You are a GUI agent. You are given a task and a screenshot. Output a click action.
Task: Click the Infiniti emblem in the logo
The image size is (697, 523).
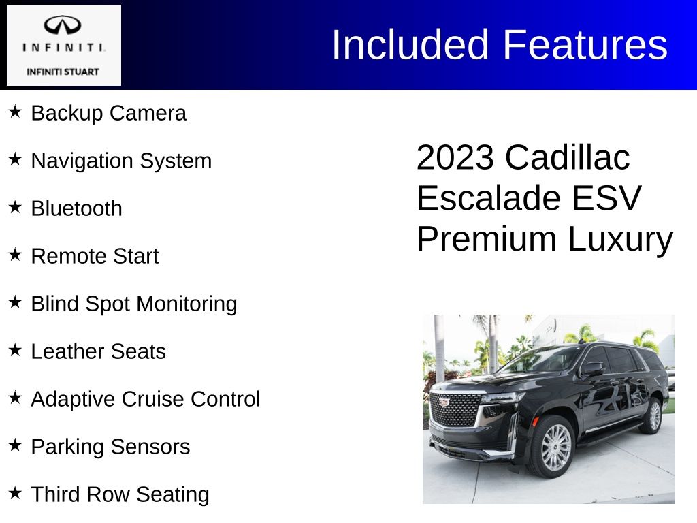click(x=62, y=25)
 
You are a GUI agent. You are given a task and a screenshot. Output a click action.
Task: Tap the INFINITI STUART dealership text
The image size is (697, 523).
click(x=63, y=72)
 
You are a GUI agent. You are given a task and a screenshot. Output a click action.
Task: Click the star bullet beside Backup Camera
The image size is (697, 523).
click(x=15, y=112)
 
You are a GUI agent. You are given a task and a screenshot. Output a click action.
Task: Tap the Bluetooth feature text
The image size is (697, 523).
click(x=76, y=208)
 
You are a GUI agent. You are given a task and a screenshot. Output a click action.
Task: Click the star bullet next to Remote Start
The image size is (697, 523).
click(x=15, y=255)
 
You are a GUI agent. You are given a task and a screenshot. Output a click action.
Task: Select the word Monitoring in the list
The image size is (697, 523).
click(x=187, y=304)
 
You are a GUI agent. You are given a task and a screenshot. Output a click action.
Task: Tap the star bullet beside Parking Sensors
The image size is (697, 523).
click(x=15, y=445)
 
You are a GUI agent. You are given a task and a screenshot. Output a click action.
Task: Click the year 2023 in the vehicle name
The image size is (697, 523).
click(x=455, y=157)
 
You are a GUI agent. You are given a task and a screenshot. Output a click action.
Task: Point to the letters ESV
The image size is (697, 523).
click(x=606, y=198)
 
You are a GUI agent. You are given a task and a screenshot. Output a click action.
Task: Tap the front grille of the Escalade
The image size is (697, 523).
click(x=455, y=410)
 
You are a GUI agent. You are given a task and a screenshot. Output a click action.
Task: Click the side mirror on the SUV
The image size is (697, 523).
click(x=593, y=368)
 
